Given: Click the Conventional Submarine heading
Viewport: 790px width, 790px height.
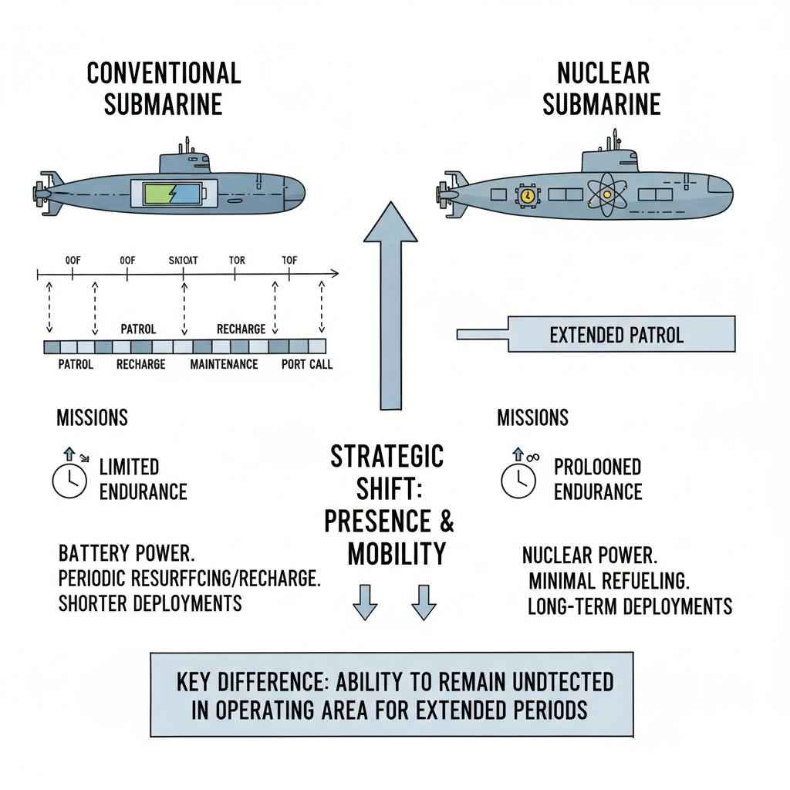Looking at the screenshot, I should pos(164,88).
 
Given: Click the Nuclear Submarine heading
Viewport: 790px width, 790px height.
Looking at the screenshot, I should pos(602,88).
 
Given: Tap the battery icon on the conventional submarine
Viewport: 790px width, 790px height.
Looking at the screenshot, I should pos(177,194).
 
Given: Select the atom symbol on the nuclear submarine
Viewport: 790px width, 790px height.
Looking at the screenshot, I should pos(606,194).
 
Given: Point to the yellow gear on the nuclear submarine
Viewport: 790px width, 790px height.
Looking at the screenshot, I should pos(527,196).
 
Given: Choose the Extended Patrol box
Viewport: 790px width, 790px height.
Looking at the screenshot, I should pos(616,335).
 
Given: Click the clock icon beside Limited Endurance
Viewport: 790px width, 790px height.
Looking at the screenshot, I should pos(69,481).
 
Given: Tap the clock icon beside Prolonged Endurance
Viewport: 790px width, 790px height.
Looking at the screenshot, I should pos(518,480).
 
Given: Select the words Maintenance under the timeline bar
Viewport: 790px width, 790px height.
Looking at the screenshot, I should pos(224,363).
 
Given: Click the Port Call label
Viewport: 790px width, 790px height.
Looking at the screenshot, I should pos(307,363).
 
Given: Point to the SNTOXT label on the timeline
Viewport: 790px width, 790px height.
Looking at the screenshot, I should pos(183,261).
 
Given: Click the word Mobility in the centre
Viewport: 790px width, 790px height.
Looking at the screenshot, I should pos(397,554).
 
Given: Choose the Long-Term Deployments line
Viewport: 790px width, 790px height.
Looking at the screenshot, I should pos(630,606).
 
